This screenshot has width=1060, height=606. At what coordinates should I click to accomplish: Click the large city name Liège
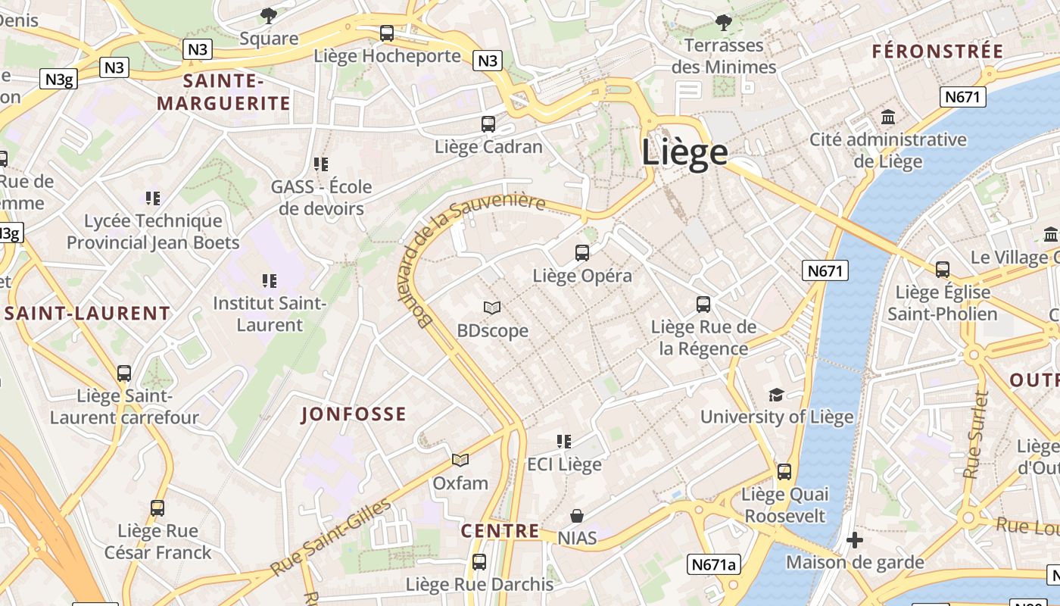[x=684, y=152]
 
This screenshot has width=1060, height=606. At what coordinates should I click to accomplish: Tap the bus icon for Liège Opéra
[x=581, y=253]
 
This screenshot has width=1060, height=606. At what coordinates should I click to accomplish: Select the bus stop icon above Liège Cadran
[x=488, y=123]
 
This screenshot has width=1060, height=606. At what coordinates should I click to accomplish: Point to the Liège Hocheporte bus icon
[x=387, y=33]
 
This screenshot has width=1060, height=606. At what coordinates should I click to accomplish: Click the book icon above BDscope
[x=492, y=308]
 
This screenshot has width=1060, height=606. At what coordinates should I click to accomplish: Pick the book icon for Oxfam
[x=460, y=460]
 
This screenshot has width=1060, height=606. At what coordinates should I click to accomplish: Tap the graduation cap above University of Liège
[x=776, y=395]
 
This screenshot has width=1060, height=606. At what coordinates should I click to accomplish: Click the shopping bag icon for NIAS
[x=577, y=516]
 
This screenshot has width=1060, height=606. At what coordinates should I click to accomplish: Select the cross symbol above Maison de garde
[x=855, y=540]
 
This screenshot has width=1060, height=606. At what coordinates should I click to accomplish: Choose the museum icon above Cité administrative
[x=888, y=117]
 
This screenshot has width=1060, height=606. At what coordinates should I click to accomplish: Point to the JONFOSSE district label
[x=354, y=414]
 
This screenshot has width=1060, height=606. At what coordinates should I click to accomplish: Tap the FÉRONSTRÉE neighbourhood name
[x=937, y=52]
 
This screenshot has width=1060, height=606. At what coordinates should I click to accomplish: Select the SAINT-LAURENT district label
[x=88, y=313]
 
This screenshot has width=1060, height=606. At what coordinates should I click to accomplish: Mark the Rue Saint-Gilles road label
[x=332, y=536]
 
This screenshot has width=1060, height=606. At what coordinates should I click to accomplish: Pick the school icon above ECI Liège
[x=563, y=441]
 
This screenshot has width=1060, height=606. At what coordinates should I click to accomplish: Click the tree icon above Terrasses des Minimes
[x=724, y=22]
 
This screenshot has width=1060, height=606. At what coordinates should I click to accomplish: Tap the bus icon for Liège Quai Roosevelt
[x=784, y=471]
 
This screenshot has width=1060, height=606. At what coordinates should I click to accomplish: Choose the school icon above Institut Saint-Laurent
[x=269, y=281]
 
